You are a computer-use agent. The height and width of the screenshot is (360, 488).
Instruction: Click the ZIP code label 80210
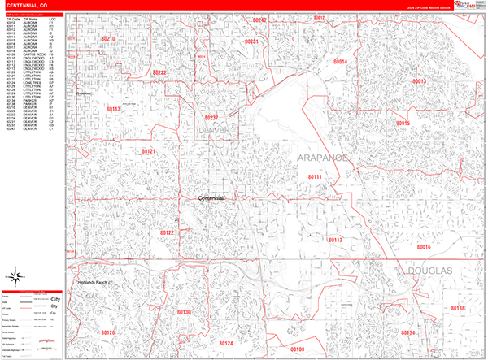pyautogui.click(x=108, y=39)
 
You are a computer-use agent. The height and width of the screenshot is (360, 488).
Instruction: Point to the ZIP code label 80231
pyautogui.click(x=251, y=41)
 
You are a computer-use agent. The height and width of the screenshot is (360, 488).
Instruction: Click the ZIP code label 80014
pyautogui.click(x=340, y=62)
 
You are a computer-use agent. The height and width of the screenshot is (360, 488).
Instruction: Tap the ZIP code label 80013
pyautogui.click(x=419, y=82)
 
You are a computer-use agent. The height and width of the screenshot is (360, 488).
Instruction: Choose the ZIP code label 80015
pyautogui.click(x=403, y=123)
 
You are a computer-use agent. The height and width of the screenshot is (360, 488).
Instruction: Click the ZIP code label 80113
pyautogui.click(x=112, y=109)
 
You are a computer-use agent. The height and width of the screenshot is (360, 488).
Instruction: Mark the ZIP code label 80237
pyautogui.click(x=211, y=118)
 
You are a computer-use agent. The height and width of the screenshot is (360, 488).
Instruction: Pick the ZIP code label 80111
pyautogui.click(x=315, y=176)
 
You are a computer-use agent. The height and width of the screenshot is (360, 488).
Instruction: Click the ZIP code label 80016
pyautogui.click(x=424, y=247)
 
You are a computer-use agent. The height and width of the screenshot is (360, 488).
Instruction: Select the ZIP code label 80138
pyautogui.click(x=457, y=309)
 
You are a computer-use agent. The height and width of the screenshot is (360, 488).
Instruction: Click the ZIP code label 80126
pyautogui.click(x=107, y=333)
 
